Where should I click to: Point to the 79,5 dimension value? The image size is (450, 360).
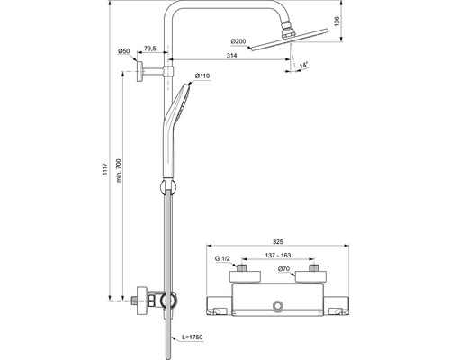click(x=150, y=49)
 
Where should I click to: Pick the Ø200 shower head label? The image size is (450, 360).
click(x=238, y=41)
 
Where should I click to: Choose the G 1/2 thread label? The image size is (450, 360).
click(x=222, y=258)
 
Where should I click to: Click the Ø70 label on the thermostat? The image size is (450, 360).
click(x=283, y=269)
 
